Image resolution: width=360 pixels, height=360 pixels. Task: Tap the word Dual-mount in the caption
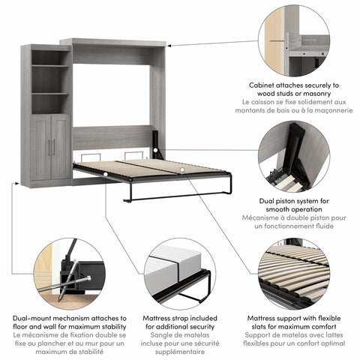point(36,318)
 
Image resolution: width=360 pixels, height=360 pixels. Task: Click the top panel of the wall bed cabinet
point(113,42)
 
